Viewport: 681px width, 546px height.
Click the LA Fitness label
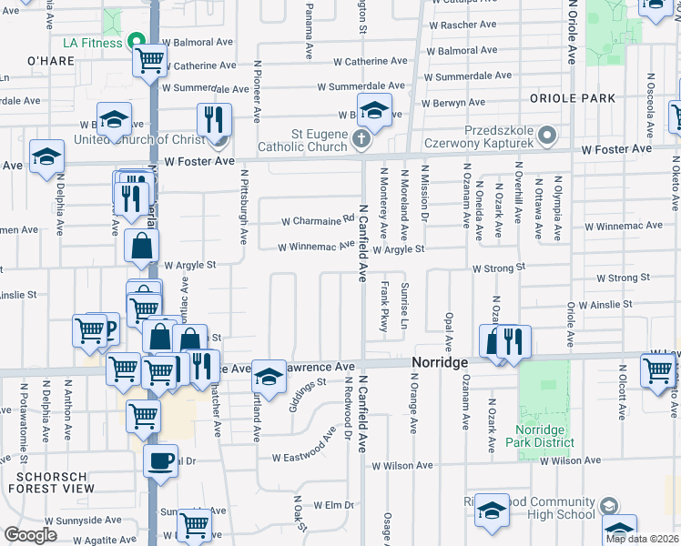click(91, 42)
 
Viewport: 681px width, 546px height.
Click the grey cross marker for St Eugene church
click(361, 139)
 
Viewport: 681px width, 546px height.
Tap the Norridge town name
click(439, 362)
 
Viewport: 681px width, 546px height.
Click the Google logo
click(31, 534)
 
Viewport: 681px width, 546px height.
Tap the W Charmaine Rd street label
click(318, 219)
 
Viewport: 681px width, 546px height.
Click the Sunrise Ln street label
click(405, 309)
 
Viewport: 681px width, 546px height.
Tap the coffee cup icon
click(161, 460)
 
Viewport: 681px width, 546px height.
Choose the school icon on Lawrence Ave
click(268, 376)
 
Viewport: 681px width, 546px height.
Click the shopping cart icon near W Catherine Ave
click(149, 62)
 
